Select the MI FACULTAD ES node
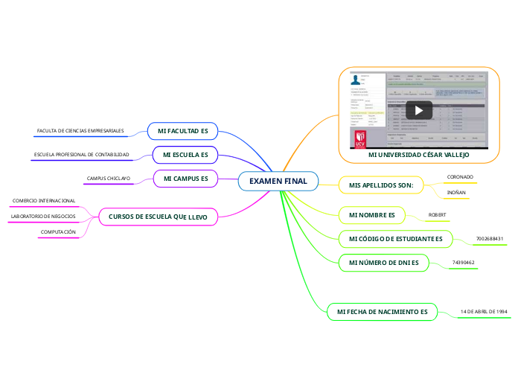182,131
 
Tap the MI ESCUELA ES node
185,155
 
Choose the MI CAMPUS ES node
185,179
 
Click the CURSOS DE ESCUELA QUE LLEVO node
158,217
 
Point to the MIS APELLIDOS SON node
381,185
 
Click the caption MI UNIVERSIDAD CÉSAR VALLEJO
419,154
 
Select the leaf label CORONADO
460,176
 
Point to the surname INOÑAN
456,193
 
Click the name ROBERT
438,214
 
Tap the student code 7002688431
490,238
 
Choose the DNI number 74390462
464,262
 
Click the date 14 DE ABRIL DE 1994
484,310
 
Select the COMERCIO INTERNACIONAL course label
44,200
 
